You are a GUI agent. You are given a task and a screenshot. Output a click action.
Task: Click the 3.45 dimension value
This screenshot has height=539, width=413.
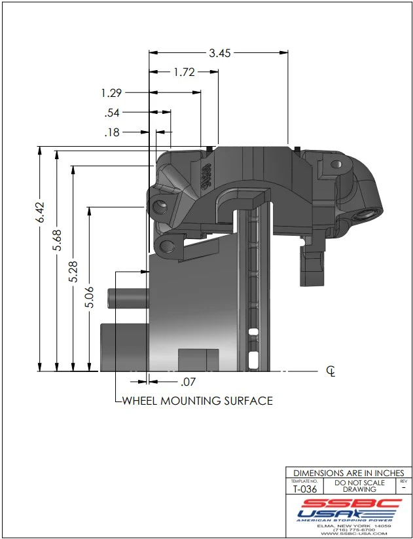[x=220, y=54]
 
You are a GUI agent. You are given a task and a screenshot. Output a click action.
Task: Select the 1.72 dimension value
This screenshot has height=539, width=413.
[x=185, y=73]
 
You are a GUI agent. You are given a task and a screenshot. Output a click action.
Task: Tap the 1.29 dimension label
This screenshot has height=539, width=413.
[x=113, y=93]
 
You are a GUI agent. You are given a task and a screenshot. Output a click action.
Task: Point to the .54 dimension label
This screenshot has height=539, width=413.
[x=113, y=113]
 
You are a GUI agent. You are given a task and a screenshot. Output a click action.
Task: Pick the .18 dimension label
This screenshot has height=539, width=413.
[x=113, y=132]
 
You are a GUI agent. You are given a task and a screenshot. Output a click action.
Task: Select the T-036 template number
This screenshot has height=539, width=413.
[x=305, y=489]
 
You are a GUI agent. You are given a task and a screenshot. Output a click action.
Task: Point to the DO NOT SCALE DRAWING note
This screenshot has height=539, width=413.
[x=360, y=485]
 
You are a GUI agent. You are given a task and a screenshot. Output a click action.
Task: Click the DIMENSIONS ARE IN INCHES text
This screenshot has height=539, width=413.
[x=349, y=473]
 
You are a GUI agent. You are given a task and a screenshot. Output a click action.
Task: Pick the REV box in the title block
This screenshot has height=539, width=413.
[x=403, y=485]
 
